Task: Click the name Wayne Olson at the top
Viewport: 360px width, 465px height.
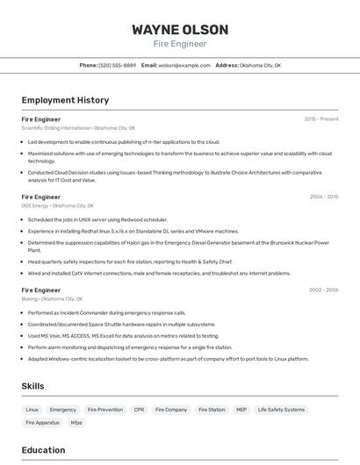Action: (180, 30)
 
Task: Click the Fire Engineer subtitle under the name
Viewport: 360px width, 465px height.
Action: (180, 43)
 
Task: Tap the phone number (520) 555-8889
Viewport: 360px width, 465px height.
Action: (118, 65)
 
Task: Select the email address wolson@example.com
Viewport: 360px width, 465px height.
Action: (184, 65)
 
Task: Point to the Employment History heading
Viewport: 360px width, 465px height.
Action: (65, 100)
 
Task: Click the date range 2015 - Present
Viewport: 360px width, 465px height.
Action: (321, 118)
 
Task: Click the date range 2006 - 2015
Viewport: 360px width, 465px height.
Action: (324, 197)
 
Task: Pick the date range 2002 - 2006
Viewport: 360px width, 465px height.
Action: (324, 290)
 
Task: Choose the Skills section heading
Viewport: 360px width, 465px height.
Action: (32, 386)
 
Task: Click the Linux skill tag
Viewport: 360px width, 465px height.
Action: (32, 410)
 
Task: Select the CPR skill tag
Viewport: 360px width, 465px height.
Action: (139, 410)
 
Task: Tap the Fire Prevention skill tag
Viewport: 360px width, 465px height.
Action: (105, 410)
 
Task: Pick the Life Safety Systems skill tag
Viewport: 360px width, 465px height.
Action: (282, 410)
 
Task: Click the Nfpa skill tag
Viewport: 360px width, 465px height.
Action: (76, 423)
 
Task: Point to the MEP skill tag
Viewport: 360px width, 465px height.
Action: (241, 410)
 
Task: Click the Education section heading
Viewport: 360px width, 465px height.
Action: (43, 450)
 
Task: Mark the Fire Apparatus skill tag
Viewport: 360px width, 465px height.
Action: (43, 423)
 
